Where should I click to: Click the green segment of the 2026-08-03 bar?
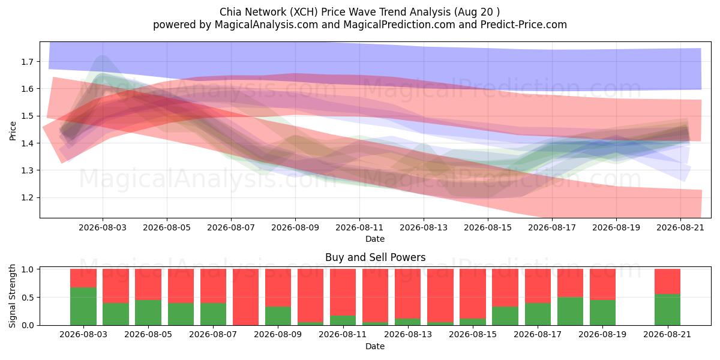[x=83, y=306]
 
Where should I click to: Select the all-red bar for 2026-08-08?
[x=245, y=297]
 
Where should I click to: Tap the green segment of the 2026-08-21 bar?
[x=668, y=310]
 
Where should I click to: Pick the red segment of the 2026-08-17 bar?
[x=538, y=286]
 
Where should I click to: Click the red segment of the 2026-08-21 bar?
[x=668, y=281]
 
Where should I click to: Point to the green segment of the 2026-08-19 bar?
[x=602, y=313]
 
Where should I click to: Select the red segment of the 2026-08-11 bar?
[x=343, y=292]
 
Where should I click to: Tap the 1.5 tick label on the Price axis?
[x=28, y=116]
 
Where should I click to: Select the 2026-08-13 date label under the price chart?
[x=424, y=227]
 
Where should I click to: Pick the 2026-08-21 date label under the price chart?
[x=680, y=227]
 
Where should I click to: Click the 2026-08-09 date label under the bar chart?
[x=278, y=334]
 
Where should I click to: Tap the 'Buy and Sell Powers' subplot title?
[x=375, y=257]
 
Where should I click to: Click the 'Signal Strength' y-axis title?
[x=12, y=296]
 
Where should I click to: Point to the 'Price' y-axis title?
[x=13, y=131]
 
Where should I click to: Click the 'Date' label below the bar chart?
[x=375, y=346]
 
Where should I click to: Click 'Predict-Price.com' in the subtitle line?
[x=523, y=25]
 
